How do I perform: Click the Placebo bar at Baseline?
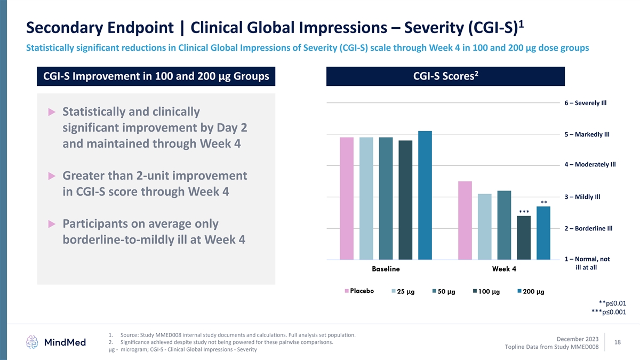(347, 198)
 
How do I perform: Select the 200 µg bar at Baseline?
(425, 195)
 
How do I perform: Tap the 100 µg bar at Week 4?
(524, 238)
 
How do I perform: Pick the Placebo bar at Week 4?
(465, 220)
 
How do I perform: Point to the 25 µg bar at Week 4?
(485, 227)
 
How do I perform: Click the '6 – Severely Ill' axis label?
(586, 103)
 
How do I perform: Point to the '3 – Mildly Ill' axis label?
(582, 197)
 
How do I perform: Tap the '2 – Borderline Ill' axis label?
(588, 229)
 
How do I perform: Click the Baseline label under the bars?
(386, 269)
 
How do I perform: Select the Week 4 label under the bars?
(504, 269)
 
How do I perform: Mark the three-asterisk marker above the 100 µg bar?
(524, 212)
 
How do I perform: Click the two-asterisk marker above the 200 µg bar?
(544, 203)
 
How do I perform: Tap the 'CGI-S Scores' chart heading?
(445, 77)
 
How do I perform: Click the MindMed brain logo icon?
(33, 342)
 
